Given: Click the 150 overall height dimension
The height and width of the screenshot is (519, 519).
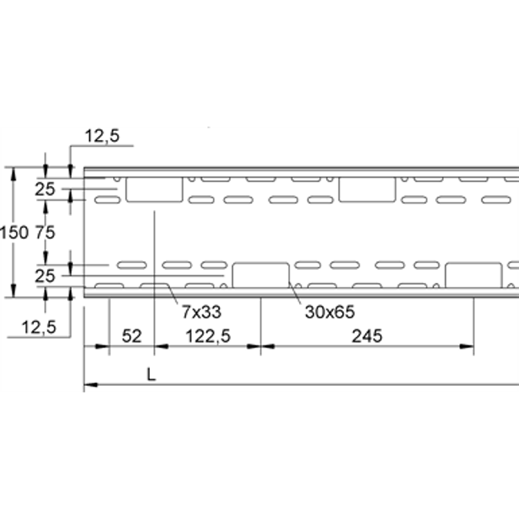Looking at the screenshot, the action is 14,233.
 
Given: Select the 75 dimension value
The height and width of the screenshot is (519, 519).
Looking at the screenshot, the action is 45,233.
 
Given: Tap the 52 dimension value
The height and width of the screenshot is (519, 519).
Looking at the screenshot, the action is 131,336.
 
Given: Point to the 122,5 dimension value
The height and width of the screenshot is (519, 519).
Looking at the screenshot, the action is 208,336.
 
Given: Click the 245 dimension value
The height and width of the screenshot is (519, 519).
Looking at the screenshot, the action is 367,336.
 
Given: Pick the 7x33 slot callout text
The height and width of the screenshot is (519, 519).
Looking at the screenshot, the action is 201,312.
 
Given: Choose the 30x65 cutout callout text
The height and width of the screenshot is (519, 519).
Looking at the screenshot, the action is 330,312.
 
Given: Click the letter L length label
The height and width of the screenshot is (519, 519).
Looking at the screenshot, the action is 151,374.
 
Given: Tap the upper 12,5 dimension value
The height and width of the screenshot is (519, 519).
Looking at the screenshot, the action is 102,136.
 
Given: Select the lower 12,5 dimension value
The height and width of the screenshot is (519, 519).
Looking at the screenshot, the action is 38,328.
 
